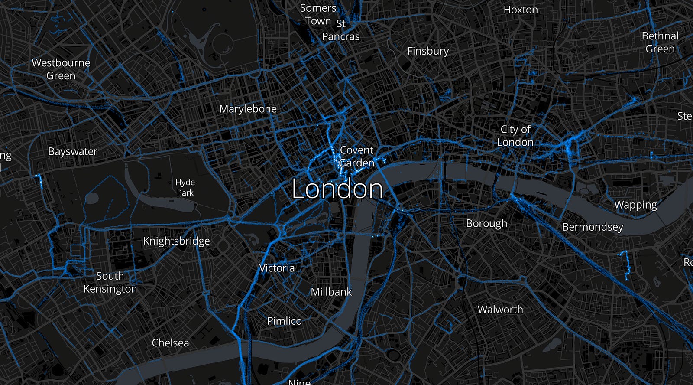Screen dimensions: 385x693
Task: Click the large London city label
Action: [337, 189]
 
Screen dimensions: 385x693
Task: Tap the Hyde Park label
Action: [185, 187]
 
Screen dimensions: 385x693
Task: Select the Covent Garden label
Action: [356, 157]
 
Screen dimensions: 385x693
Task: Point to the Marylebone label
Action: [248, 109]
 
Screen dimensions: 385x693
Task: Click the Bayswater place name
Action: [73, 151]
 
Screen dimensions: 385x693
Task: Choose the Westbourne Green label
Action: [61, 69]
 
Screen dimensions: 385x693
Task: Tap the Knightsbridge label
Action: [176, 241]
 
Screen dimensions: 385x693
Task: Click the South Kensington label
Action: [110, 282]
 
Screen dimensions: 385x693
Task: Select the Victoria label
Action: [277, 268]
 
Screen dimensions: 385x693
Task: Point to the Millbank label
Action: [331, 292]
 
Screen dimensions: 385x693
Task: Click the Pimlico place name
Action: [284, 321]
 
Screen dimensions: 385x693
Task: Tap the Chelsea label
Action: [170, 343]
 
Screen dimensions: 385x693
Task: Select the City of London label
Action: [515, 136]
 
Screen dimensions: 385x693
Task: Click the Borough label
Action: [486, 223]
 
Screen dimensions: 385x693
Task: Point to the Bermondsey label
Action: [593, 227]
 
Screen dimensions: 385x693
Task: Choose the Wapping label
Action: [635, 205]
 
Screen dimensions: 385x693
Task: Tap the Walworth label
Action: [500, 310]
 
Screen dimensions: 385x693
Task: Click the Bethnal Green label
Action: [660, 42]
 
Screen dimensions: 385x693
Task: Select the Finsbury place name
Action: [428, 51]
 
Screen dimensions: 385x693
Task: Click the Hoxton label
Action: [521, 10]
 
